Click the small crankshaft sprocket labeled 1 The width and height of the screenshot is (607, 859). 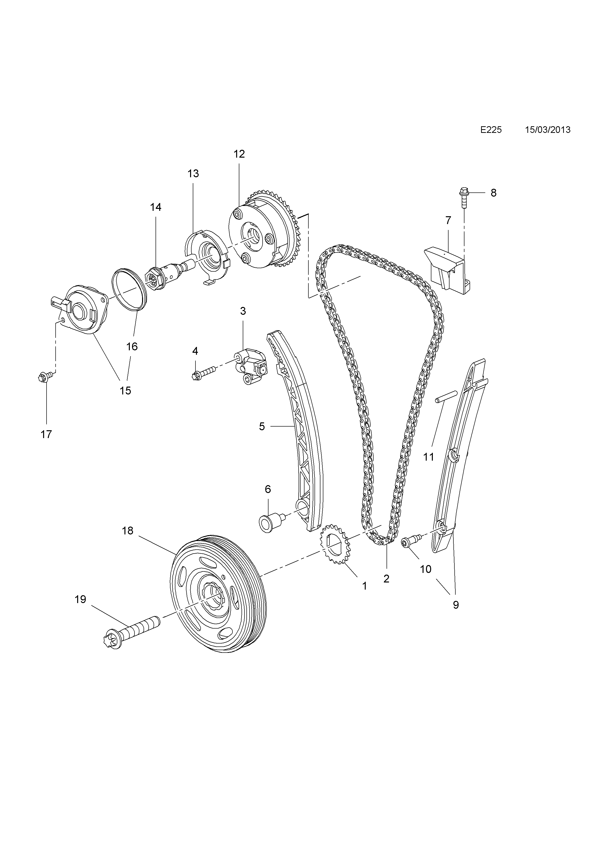coord(334,550)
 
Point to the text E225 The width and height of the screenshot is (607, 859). coord(491,130)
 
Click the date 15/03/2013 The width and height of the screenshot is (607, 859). coord(547,130)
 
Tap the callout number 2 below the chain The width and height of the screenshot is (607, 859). coord(386,579)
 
